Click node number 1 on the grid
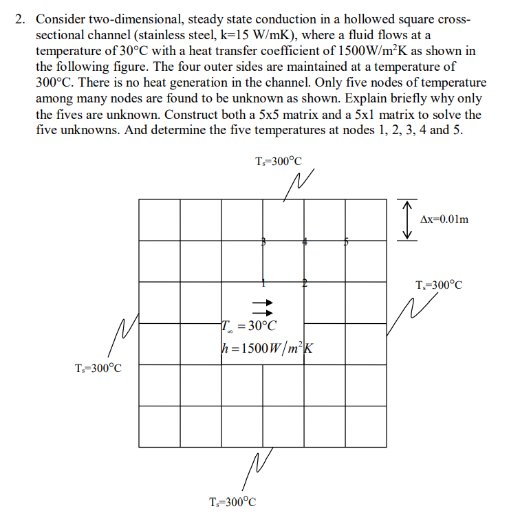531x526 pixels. pos(263,282)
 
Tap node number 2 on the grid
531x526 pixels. pos(304,282)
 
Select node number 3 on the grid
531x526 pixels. pos(263,241)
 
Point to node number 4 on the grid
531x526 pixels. pos(305,241)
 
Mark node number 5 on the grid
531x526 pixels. pos(346,241)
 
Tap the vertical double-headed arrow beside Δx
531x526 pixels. pos(408,219)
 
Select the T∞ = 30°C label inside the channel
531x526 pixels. pos(248,325)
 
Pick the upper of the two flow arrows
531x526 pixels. pos(263,302)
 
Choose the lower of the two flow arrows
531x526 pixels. pos(263,311)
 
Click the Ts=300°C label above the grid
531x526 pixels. pos(278,162)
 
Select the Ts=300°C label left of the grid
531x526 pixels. pos(98,368)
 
